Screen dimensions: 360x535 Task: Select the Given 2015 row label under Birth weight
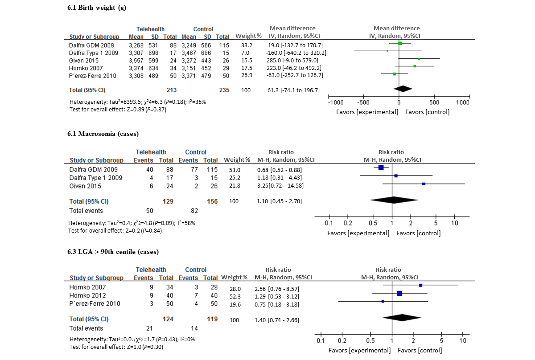tap(84, 60)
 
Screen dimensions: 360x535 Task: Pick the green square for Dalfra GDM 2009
tap(400, 43)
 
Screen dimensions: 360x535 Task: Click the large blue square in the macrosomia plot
tap(381, 168)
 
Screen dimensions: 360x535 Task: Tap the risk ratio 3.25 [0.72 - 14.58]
tap(280, 186)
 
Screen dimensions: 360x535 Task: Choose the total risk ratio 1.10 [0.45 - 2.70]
tap(279, 201)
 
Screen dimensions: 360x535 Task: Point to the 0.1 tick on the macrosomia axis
tap(329, 223)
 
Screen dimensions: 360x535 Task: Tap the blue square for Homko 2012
tap(399, 293)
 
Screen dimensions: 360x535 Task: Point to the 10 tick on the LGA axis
tap(463, 340)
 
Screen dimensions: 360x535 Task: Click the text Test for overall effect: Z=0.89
tap(118, 109)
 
